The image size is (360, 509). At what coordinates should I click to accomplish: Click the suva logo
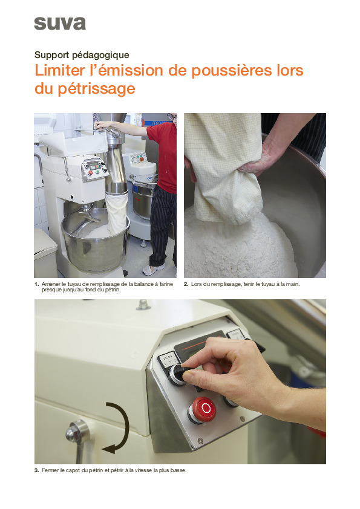point(59,23)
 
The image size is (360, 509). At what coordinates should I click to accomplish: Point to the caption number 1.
point(36,284)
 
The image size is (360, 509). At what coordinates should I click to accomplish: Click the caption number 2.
point(186,284)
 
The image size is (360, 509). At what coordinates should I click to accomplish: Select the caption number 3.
point(36,471)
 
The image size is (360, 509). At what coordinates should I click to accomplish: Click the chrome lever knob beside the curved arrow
point(76,432)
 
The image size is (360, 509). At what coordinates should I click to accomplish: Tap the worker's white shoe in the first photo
point(154,270)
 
